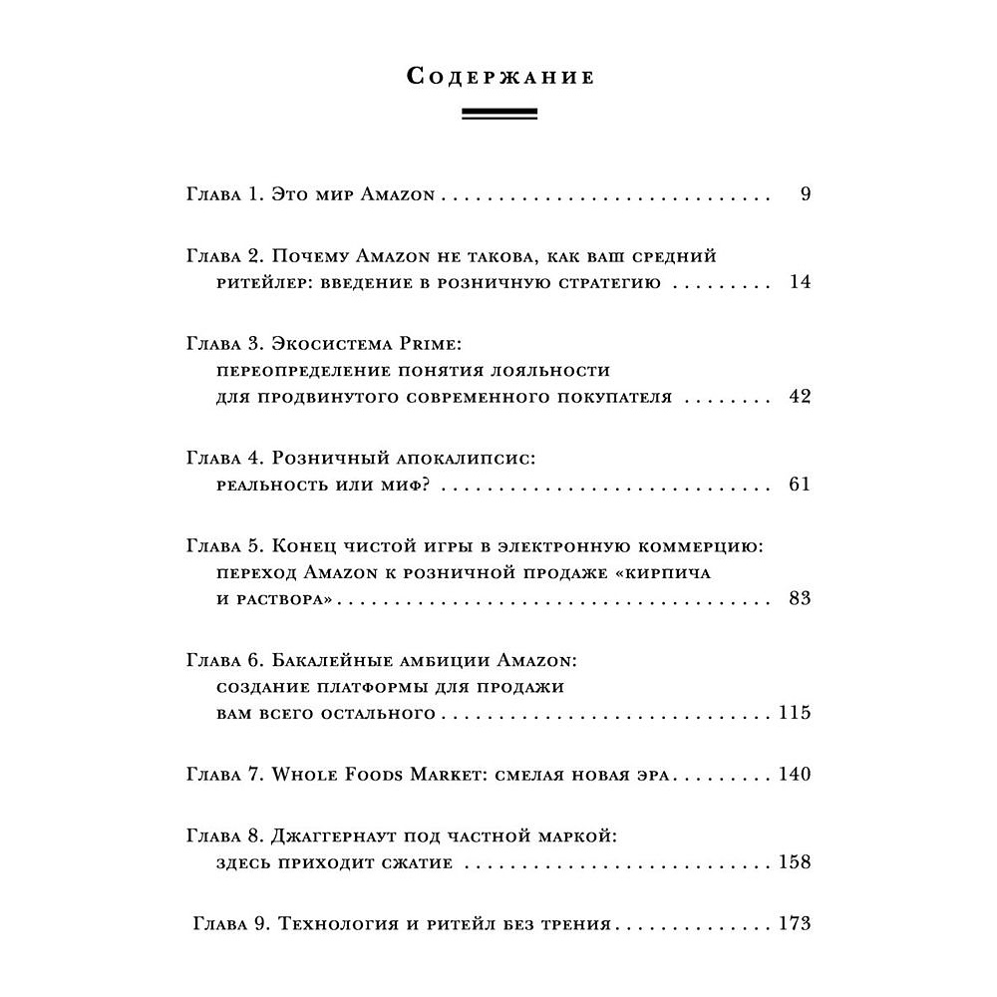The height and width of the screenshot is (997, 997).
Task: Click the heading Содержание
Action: pyautogui.click(x=500, y=77)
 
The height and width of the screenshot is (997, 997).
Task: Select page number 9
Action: pyautogui.click(x=806, y=194)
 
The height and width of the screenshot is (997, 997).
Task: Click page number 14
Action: pyautogui.click(x=800, y=282)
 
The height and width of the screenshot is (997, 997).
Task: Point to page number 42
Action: pyautogui.click(x=800, y=397)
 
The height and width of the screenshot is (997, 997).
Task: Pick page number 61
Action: pyautogui.click(x=800, y=485)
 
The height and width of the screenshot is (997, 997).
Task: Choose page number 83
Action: pyautogui.click(x=800, y=599)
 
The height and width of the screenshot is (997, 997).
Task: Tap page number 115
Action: pyautogui.click(x=795, y=714)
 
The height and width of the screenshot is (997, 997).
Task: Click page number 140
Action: pyautogui.click(x=795, y=775)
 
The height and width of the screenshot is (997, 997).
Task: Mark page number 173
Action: pyautogui.click(x=795, y=924)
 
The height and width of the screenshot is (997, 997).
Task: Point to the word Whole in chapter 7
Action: pyautogui.click(x=305, y=775)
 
